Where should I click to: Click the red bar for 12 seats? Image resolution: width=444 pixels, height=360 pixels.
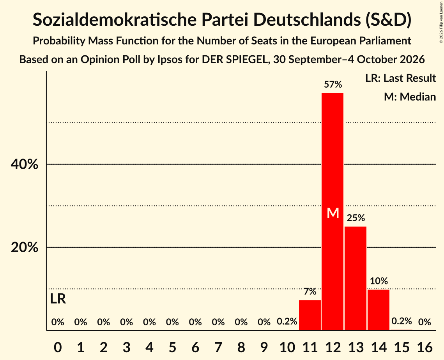[333, 212]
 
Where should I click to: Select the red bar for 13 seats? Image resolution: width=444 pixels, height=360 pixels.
[356, 278]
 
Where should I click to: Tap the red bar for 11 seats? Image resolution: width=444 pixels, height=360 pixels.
[310, 315]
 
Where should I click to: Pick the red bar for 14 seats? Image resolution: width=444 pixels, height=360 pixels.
[378, 310]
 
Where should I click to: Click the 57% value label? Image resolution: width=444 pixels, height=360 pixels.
[333, 84]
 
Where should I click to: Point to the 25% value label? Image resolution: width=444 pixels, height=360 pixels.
[356, 218]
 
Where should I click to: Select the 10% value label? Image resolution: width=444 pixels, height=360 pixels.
[379, 281]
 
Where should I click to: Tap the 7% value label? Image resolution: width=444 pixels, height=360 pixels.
[310, 291]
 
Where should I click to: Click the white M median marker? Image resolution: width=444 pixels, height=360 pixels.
[333, 213]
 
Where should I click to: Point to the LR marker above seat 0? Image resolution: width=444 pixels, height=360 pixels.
[58, 299]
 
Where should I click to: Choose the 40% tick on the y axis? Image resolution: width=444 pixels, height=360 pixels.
[24, 164]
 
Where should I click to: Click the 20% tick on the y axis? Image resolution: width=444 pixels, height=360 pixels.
[24, 247]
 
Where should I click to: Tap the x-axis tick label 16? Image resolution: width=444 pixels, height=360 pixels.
[425, 347]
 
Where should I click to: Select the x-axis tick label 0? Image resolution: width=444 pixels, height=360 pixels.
[58, 347]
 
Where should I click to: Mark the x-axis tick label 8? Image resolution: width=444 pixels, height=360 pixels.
[241, 347]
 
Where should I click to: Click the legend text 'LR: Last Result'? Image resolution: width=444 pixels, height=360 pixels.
[400, 78]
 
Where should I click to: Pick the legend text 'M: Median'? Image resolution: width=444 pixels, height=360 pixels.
[410, 97]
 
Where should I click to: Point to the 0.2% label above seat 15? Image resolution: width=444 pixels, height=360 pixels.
[402, 321]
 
